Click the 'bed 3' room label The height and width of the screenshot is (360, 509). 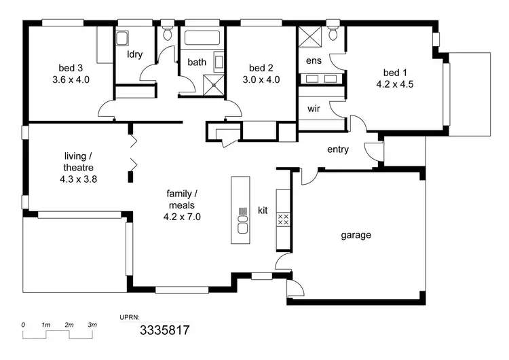coord(71,68)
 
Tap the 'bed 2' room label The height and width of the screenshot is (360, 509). coord(260,68)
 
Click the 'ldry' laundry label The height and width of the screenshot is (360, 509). coord(134,54)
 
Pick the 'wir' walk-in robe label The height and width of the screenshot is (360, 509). coord(314,109)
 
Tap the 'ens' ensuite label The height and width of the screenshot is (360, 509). coord(314,61)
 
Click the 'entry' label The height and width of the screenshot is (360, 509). coord(337,149)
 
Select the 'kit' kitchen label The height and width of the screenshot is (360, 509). coord(263,211)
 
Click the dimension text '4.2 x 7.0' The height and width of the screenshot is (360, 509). coord(181,217)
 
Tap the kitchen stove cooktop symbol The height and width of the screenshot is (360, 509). coord(284,219)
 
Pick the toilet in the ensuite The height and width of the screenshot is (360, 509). coord(333,34)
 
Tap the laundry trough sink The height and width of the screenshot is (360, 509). coord(122,38)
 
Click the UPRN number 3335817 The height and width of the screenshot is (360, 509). coord(164,331)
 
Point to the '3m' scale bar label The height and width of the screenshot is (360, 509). coord(92,326)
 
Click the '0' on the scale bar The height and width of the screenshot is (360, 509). coord(24,326)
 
